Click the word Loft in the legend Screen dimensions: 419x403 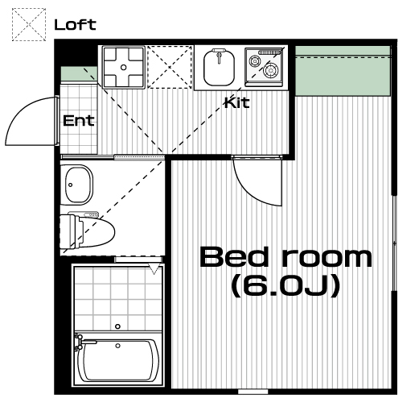pos(75,25)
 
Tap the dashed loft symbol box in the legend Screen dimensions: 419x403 pos(29,24)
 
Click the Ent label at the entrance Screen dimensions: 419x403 pos(79,121)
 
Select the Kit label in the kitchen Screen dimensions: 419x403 pos(237,102)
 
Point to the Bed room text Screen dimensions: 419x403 pos(286,257)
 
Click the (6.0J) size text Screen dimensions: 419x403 pos(286,286)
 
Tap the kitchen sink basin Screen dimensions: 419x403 pos(220,69)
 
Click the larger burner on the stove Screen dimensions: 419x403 pos(270,70)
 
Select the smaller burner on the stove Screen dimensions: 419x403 pos(254,61)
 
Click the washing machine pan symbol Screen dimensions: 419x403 pos(124,67)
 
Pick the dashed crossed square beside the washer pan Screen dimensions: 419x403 pos(170,67)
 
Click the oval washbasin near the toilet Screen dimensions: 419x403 pos(77,185)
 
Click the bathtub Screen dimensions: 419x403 pos(118,359)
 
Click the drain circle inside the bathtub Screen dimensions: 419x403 pos(117,346)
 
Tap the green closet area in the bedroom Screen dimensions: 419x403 pos(343,71)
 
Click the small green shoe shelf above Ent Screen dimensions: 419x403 pos(79,73)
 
